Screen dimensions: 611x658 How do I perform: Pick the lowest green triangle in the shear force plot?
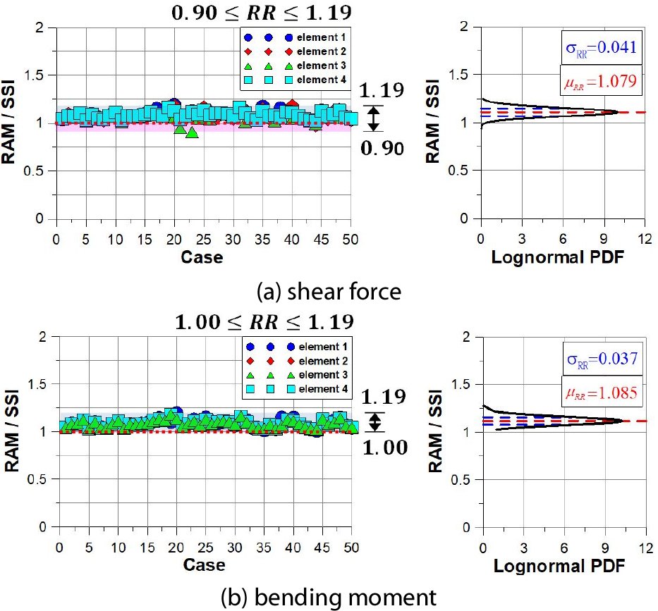[192, 132]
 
